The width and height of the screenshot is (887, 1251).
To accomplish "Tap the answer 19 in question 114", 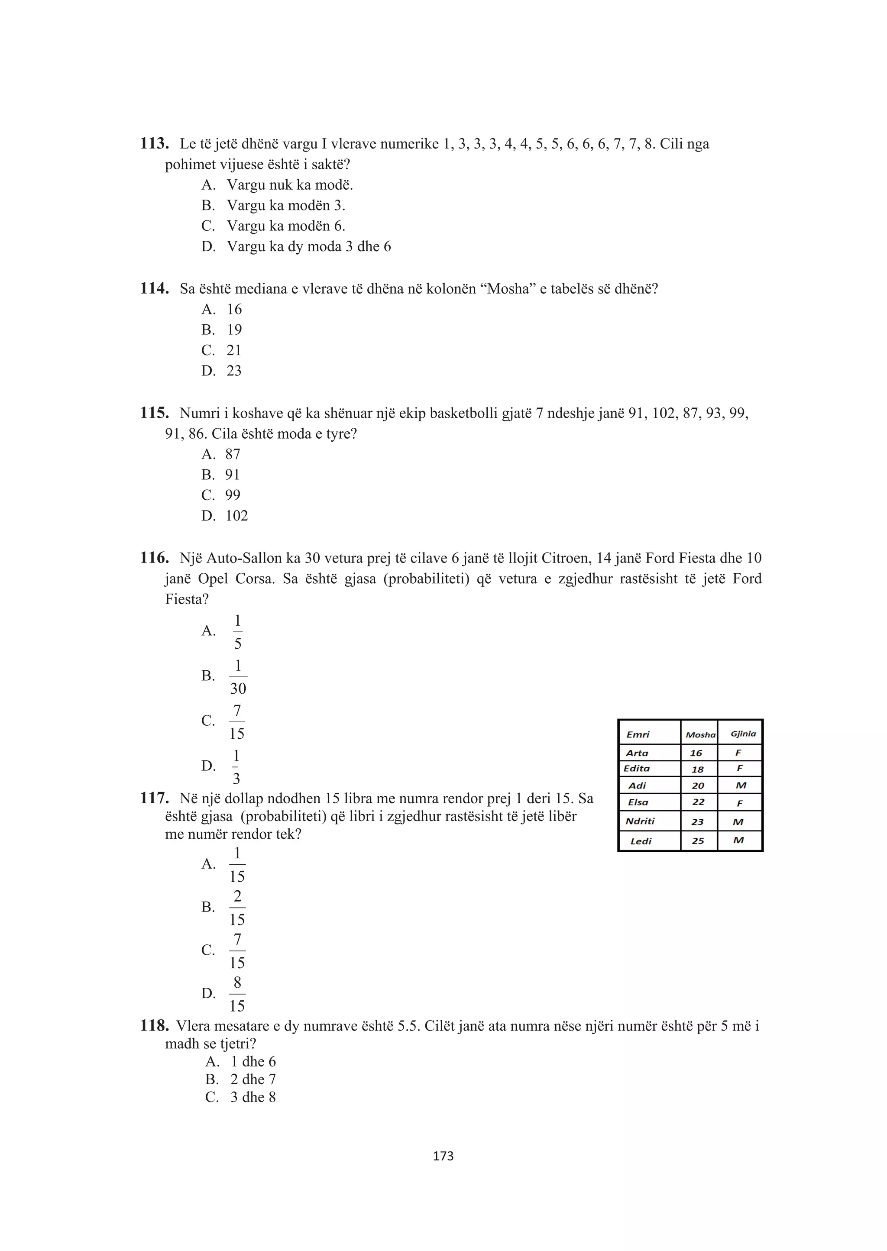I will (234, 330).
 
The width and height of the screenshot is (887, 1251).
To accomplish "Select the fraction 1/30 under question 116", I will (238, 677).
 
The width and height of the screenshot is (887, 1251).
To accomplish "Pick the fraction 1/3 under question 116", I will (236, 766).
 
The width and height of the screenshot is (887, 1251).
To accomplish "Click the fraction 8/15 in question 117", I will (237, 994).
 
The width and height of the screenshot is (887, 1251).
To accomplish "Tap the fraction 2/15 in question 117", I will (237, 908).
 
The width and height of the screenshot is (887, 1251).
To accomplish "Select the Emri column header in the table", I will (638, 735).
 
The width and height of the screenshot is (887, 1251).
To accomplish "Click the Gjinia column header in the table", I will (743, 734).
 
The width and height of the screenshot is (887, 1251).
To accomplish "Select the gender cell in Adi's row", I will (741, 785).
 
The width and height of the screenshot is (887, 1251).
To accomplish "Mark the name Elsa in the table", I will (638, 802).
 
